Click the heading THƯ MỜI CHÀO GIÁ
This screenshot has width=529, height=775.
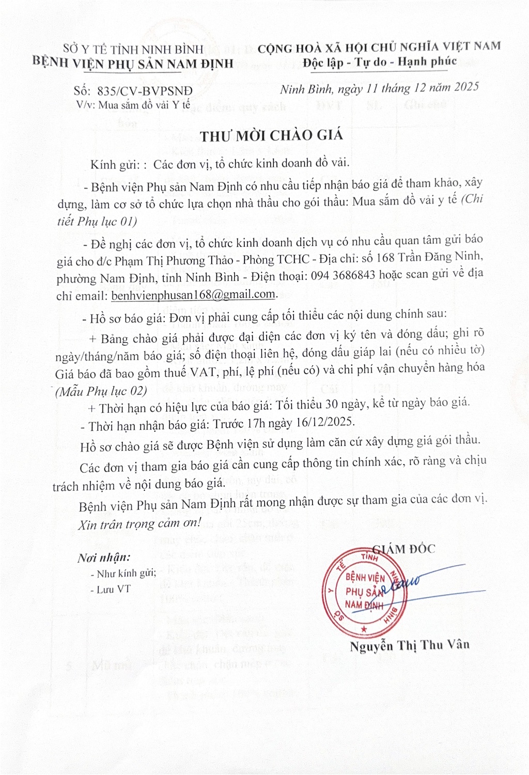tap(272, 135)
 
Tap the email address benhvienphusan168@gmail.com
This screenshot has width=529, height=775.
tap(193, 295)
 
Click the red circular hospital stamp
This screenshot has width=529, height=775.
tap(365, 592)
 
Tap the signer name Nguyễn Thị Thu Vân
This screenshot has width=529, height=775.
tap(409, 645)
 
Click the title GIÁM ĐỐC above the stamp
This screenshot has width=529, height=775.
tap(404, 549)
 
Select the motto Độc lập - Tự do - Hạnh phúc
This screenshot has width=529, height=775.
tap(380, 62)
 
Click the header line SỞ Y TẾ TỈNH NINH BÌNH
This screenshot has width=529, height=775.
tap(133, 49)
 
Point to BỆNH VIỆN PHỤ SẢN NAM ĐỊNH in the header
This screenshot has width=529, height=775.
tap(133, 63)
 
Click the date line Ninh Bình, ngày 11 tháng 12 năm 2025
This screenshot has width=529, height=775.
tap(379, 88)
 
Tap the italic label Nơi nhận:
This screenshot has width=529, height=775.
tap(104, 557)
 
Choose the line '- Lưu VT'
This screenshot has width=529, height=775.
tap(111, 589)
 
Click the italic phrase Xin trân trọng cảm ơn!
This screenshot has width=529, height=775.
tap(140, 523)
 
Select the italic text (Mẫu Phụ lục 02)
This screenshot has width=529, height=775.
tap(101, 391)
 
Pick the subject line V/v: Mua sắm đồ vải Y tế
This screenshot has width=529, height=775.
tap(133, 105)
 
